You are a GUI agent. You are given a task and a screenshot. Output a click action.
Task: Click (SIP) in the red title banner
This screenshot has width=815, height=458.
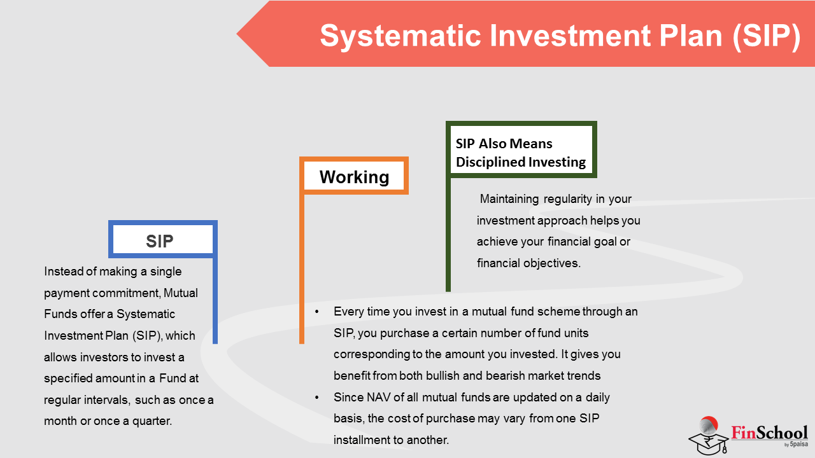[x=767, y=36]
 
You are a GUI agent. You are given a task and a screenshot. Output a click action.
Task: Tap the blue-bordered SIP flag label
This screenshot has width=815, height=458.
[x=162, y=239]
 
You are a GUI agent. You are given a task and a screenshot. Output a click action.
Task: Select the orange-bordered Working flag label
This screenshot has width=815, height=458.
[x=354, y=176]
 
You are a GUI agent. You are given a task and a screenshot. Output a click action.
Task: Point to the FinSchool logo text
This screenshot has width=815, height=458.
[x=770, y=433]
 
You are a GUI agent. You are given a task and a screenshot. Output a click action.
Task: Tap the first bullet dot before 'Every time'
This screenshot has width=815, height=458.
[x=317, y=312]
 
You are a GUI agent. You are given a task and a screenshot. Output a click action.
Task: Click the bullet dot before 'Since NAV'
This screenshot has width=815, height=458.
[x=317, y=398]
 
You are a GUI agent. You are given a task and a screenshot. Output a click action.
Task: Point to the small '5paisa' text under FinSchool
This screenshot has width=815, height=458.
[x=798, y=444]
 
